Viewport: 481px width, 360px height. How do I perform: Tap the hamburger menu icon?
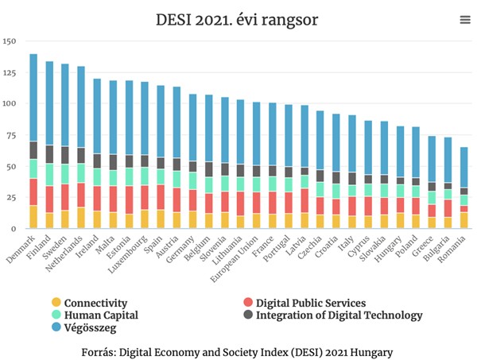coord(464,20)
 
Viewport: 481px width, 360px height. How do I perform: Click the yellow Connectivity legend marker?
coord(56,303)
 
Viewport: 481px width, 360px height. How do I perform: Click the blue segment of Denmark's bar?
coord(33,98)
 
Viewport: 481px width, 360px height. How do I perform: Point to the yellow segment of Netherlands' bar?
coord(80,218)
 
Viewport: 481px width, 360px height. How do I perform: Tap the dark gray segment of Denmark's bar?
coord(33,150)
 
